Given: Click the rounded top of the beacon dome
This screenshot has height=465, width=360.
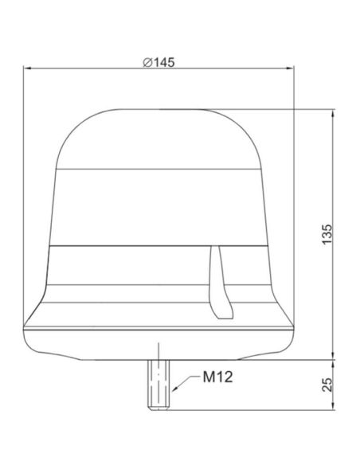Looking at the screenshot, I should click(x=159, y=127).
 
